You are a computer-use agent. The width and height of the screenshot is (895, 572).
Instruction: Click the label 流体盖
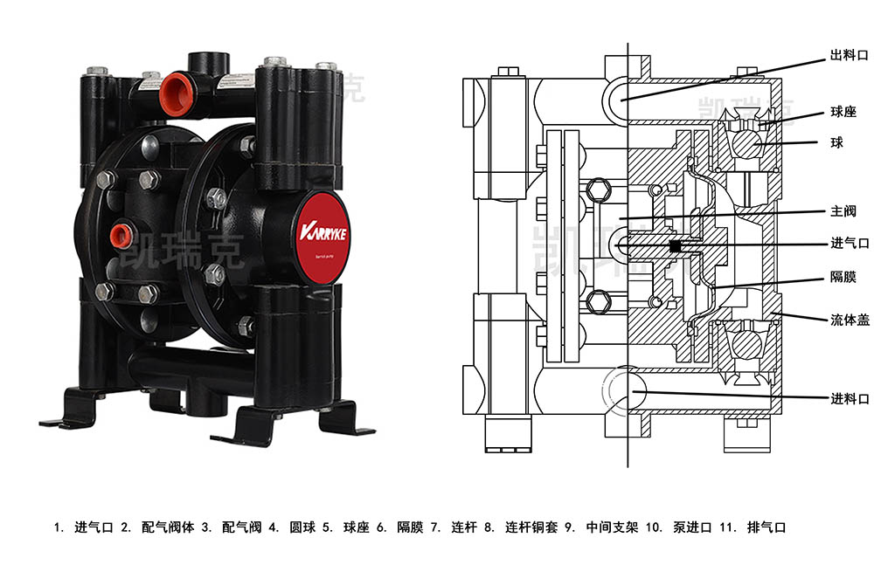[849, 320]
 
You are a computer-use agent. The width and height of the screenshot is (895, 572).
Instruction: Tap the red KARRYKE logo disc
[323, 238]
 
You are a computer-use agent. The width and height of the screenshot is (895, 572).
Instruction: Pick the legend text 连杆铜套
[531, 527]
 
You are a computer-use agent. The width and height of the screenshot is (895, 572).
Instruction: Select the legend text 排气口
[768, 527]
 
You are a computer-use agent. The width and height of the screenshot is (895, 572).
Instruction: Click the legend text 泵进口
[692, 527]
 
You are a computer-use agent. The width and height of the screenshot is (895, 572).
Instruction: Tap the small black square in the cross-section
[675, 247]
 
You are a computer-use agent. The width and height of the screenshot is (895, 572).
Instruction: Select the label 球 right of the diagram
[836, 142]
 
